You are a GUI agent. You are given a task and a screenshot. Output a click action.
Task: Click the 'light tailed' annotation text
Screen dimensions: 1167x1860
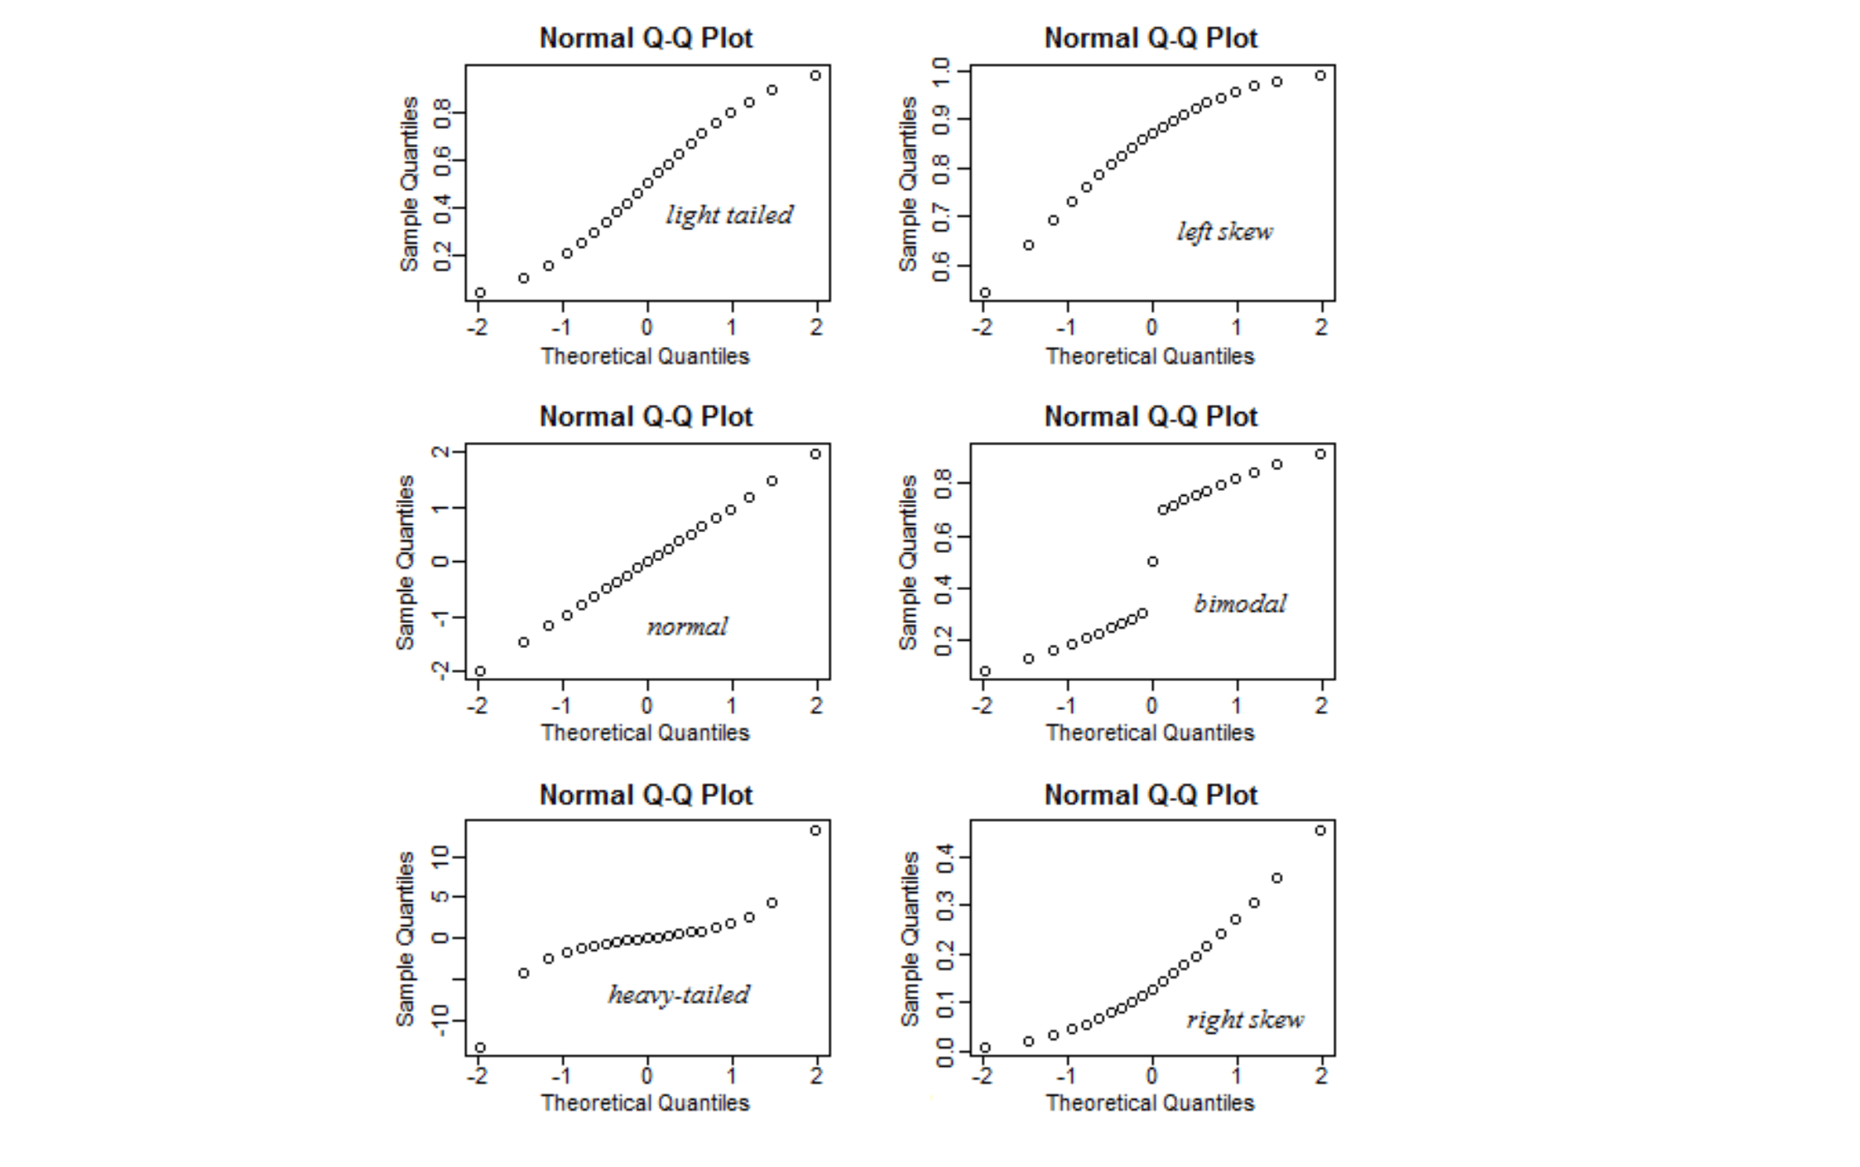[728, 215]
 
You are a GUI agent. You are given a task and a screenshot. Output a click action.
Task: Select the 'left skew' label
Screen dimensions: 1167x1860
[1224, 232]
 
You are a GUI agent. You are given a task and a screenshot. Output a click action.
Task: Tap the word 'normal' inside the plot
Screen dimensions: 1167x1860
[687, 627]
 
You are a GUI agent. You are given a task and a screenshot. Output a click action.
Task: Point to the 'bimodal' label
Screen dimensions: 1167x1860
[1240, 604]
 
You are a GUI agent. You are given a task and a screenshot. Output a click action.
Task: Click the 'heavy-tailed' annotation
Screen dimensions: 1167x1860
[679, 994]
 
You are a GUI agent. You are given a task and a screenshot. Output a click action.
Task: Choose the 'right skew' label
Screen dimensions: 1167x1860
[1245, 1020]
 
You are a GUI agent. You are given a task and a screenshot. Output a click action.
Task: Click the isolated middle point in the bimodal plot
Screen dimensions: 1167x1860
[1152, 562]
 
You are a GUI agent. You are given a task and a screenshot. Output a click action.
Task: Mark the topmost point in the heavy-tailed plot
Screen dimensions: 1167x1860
[815, 830]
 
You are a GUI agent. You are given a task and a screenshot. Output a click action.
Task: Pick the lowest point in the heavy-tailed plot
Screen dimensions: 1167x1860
[480, 1048]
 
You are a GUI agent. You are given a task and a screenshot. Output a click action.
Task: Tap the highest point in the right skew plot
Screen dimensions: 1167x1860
[1320, 830]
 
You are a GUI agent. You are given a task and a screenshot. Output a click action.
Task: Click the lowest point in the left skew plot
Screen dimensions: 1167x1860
[985, 293]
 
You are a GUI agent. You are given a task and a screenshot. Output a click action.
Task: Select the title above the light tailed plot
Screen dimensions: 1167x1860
[646, 38]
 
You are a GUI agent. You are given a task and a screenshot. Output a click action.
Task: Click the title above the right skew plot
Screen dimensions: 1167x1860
[1151, 795]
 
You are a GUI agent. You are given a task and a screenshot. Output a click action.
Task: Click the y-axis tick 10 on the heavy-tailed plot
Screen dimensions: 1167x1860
[440, 856]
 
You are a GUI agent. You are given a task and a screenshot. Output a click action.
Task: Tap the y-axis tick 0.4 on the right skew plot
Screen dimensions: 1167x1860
[944, 857]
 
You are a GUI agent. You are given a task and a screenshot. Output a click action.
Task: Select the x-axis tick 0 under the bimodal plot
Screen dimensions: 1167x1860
[1151, 706]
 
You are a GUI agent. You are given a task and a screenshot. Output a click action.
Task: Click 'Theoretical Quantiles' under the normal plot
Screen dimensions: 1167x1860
[645, 732]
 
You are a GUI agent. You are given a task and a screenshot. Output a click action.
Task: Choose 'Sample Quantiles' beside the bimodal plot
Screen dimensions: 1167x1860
[908, 562]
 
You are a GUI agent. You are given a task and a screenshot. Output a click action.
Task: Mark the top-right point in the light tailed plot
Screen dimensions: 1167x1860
[815, 76]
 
